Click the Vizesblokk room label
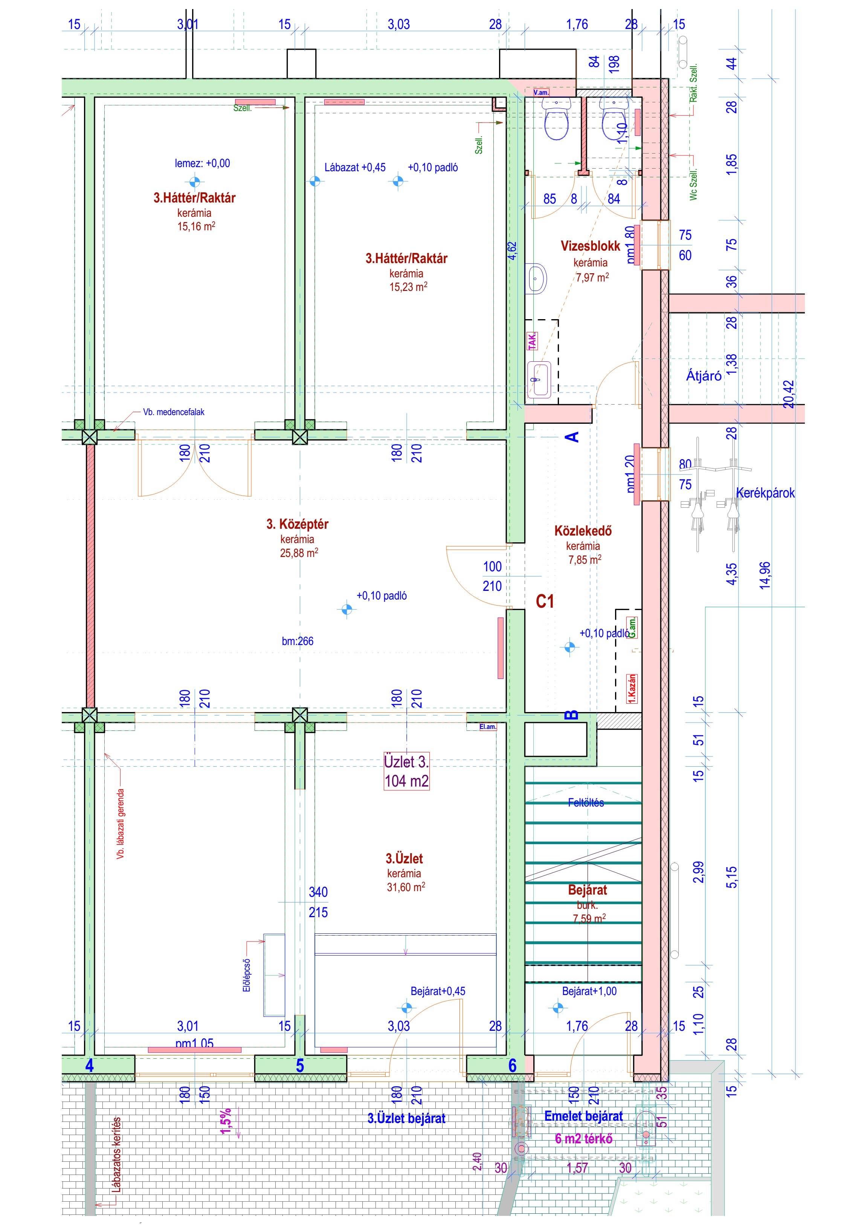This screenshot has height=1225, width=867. click(x=590, y=246)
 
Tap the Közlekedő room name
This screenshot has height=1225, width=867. click(x=583, y=531)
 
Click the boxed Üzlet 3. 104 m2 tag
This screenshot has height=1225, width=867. click(x=406, y=771)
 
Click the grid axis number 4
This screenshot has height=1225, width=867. click(x=89, y=1065)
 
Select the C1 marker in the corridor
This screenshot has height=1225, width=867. click(x=545, y=601)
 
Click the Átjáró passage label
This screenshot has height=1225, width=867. click(x=704, y=376)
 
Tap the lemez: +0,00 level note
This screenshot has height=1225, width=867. click(x=202, y=163)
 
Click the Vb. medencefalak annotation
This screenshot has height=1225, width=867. click(x=174, y=412)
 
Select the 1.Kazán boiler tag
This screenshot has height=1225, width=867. click(x=632, y=688)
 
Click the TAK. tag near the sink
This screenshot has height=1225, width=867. click(x=532, y=340)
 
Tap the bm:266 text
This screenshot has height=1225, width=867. click(x=298, y=641)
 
